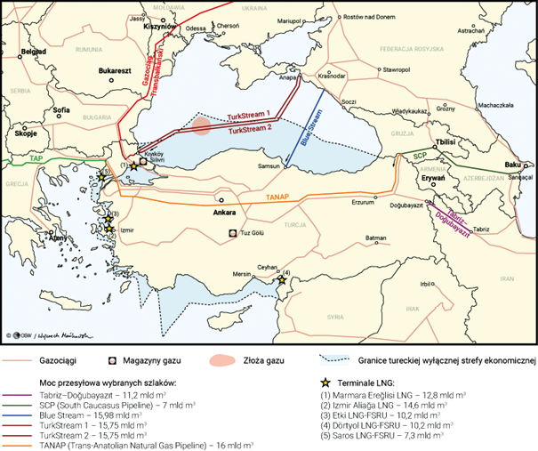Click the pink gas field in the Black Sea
[x=203, y=125]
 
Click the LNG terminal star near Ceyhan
[x=282, y=280]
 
